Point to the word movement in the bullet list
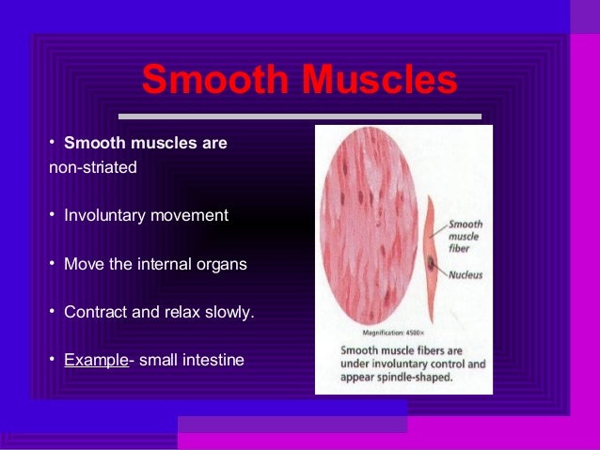pyautogui.click(x=187, y=215)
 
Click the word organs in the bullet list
pyautogui.click(x=220, y=264)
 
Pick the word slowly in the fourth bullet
pyautogui.click(x=230, y=312)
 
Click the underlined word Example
pyautogui.click(x=95, y=360)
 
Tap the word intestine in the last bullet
pyautogui.click(x=212, y=360)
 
